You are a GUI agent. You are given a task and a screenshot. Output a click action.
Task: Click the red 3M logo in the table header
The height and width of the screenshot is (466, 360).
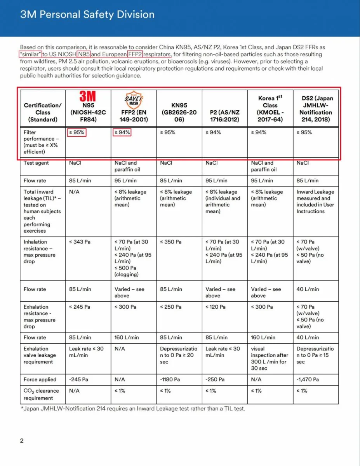pyautogui.click(x=88, y=96)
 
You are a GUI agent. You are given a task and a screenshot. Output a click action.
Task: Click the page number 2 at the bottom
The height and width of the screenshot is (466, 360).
pyautogui.click(x=22, y=441)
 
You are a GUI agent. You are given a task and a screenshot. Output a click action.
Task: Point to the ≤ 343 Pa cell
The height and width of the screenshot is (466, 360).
pyautogui.click(x=80, y=242)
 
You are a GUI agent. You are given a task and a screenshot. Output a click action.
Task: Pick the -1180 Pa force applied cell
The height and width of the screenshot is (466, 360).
pyautogui.click(x=170, y=379)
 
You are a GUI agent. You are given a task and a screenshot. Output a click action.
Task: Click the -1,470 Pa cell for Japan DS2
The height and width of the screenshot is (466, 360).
pyautogui.click(x=308, y=379)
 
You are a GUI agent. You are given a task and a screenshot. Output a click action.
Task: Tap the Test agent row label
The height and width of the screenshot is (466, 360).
pyautogui.click(x=36, y=163)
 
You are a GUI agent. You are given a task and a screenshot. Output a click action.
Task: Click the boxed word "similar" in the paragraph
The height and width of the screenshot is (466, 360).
pyautogui.click(x=30, y=54)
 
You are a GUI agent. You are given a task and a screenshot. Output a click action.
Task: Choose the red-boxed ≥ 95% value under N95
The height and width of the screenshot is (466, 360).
pyautogui.click(x=77, y=132)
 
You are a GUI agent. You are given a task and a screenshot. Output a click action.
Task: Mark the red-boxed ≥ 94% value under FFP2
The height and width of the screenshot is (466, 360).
pyautogui.click(x=122, y=132)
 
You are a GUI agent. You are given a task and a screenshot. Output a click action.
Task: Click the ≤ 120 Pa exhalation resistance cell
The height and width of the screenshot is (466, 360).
pyautogui.click(x=215, y=307)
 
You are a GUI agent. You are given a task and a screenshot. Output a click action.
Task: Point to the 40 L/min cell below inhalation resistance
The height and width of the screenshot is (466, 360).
pyautogui.click(x=308, y=289)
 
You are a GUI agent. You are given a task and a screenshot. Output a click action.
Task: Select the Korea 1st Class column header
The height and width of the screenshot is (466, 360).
pyautogui.click(x=270, y=108)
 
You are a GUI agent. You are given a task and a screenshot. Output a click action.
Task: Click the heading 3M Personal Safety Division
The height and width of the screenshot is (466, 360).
pyautogui.click(x=87, y=15)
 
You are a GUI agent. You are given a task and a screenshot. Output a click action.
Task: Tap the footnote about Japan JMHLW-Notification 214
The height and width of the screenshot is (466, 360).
pyautogui.click(x=133, y=409)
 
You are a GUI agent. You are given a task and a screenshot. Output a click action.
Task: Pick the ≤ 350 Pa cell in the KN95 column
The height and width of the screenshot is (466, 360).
pyautogui.click(x=170, y=242)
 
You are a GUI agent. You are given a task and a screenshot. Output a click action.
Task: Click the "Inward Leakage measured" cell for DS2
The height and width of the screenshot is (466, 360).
pyautogui.click(x=315, y=201)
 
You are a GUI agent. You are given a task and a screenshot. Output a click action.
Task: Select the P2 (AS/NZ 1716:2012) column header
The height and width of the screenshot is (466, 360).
pyautogui.click(x=224, y=112)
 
